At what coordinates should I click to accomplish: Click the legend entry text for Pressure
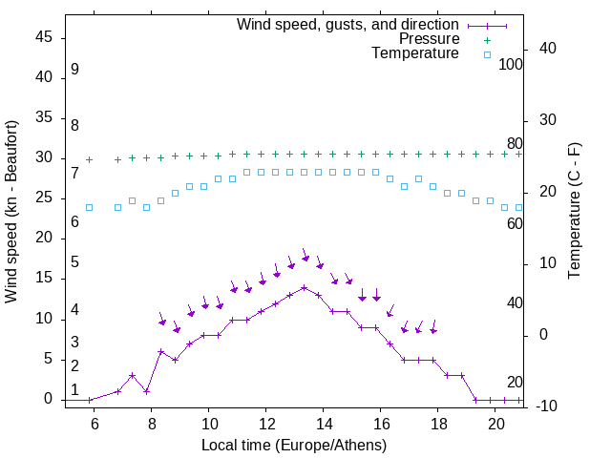(x=430, y=39)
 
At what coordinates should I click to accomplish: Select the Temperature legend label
(x=415, y=53)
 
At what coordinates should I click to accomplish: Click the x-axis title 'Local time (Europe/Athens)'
(x=294, y=446)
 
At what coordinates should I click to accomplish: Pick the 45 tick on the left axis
(x=45, y=37)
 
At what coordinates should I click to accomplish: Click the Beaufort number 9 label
(x=74, y=70)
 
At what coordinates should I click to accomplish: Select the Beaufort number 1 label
(x=74, y=389)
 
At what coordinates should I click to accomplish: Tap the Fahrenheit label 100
(x=512, y=65)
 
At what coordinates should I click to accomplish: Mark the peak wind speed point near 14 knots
(x=304, y=287)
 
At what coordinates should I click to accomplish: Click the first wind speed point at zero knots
(x=90, y=400)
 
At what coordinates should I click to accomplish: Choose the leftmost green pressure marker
(x=90, y=159)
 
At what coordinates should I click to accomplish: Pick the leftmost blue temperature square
(x=90, y=207)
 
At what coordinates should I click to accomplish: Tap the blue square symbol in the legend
(x=487, y=54)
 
